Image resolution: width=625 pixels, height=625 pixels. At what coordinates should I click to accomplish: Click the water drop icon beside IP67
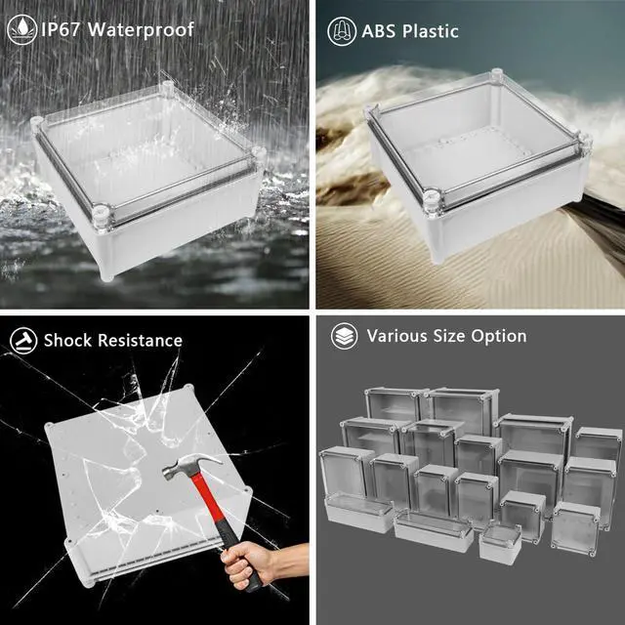pos(22,29)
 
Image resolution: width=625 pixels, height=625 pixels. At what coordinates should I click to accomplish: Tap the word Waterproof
pos(141,30)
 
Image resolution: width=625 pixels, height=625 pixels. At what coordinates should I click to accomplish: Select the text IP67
pos(61,29)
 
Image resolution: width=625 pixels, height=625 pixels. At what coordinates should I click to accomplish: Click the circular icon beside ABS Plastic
pos(342,31)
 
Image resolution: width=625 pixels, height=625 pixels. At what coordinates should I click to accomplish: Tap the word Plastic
pos(431,31)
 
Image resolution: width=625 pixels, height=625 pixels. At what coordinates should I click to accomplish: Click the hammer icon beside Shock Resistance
pos(23,341)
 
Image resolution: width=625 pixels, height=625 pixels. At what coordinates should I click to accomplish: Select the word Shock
pos(68,341)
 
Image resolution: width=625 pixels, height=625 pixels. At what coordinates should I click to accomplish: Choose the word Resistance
pos(141,341)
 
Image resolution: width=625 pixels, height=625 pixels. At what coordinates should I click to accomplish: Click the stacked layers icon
pos(345,336)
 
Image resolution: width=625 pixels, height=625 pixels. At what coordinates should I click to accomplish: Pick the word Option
pos(499,337)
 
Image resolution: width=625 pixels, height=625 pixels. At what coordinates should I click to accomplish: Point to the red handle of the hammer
pos(215,510)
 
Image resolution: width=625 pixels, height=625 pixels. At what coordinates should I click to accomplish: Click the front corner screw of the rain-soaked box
pos(101,217)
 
